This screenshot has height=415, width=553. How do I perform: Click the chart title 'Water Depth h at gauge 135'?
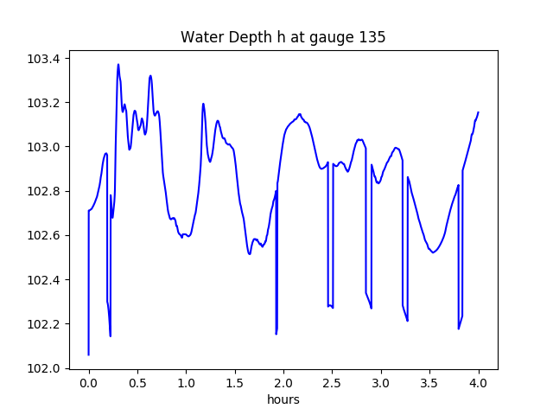click(x=283, y=37)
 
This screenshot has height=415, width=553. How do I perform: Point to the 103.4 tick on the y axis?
click(x=43, y=59)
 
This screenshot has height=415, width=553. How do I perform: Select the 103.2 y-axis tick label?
click(x=43, y=103)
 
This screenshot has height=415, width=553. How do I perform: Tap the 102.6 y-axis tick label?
click(x=43, y=235)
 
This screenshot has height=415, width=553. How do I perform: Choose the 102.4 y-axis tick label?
click(x=43, y=279)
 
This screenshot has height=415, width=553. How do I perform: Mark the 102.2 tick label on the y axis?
click(x=43, y=324)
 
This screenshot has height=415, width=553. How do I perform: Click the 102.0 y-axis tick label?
click(x=43, y=368)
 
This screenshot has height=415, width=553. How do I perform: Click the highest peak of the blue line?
click(x=118, y=65)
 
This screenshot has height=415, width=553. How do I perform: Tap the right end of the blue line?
click(x=478, y=112)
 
